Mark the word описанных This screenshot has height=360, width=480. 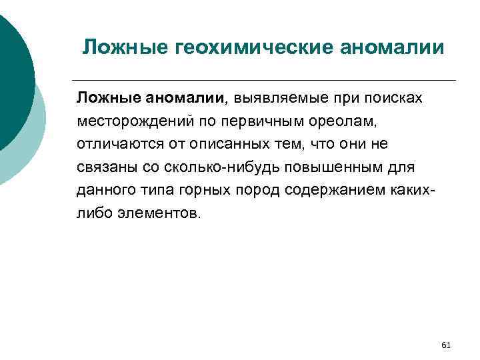click(x=221, y=144)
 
